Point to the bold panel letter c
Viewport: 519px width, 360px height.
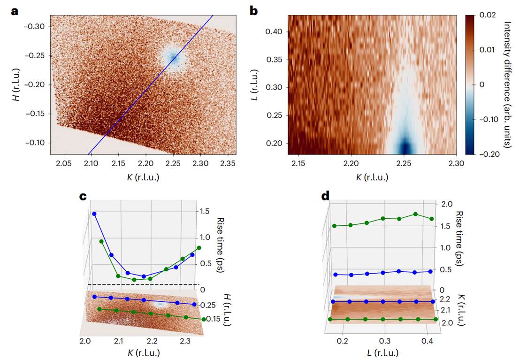pyautogui.click(x=84, y=196)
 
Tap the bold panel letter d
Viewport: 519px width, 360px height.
pyautogui.click(x=324, y=196)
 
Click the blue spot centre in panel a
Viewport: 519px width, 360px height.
pyautogui.click(x=174, y=58)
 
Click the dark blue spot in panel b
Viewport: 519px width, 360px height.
pyautogui.click(x=404, y=146)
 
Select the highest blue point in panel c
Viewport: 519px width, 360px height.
pyautogui.click(x=94, y=214)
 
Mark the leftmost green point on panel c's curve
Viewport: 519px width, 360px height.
pyautogui.click(x=101, y=241)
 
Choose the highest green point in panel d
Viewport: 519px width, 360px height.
pyautogui.click(x=415, y=214)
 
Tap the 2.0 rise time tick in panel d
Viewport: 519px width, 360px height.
pyautogui.click(x=446, y=204)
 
